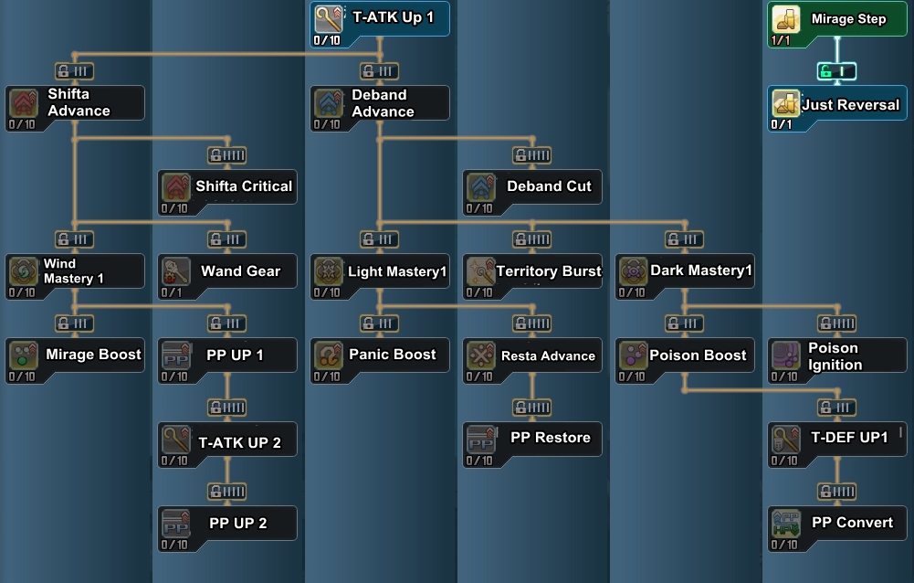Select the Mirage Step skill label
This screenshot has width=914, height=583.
click(848, 19)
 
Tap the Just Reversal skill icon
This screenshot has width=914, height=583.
click(785, 104)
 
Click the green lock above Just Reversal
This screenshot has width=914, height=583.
click(836, 71)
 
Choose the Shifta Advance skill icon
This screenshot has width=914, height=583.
click(23, 102)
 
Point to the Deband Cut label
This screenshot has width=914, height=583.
click(549, 186)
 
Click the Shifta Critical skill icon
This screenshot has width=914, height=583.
click(176, 186)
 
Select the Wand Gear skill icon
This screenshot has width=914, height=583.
click(176, 271)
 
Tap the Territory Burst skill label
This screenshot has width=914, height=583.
click(549, 271)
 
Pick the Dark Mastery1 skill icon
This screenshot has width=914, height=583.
click(633, 271)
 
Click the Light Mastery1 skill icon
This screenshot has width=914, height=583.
click(328, 271)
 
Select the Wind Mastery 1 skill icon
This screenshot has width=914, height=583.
click(23, 271)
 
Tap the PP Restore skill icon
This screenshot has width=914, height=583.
click(481, 439)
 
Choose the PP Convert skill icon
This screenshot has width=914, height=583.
click(785, 524)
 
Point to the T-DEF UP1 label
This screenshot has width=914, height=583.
click(849, 438)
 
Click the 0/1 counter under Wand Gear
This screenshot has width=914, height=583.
click(172, 293)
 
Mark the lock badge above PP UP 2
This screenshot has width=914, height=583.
click(226, 492)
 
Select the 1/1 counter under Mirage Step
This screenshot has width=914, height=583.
click(781, 41)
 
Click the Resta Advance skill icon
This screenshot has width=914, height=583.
click(481, 355)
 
